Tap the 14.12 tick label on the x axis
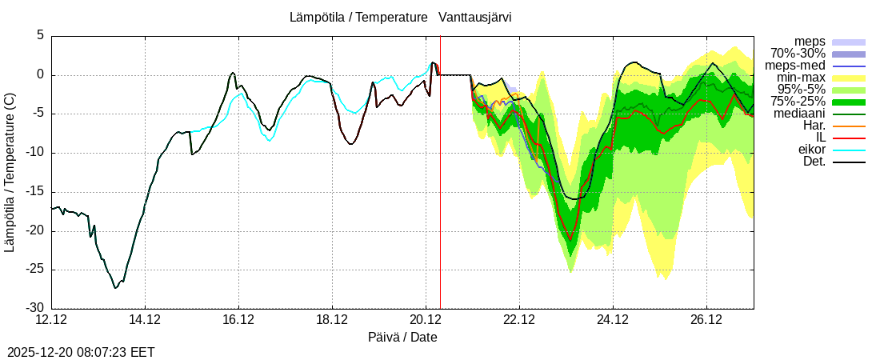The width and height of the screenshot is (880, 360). (x=145, y=320)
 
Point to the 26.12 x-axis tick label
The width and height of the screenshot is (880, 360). (x=706, y=320)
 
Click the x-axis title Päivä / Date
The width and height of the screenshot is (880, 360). (x=402, y=337)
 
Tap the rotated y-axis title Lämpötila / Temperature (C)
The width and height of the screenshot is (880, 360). (x=10, y=172)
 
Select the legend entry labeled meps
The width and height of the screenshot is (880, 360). (x=810, y=42)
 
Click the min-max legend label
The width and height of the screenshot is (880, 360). (x=801, y=78)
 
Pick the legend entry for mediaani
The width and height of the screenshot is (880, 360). (x=799, y=114)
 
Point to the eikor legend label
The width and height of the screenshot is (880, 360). (x=811, y=150)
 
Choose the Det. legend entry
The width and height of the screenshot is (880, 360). (x=814, y=162)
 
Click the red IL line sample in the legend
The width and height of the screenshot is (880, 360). (x=849, y=138)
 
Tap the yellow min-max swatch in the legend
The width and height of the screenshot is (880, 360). (x=849, y=78)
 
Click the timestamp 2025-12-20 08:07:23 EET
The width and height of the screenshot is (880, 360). (x=81, y=352)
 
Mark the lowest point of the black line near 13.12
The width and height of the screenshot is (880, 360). (x=115, y=288)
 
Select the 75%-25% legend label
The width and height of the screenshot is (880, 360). (x=798, y=102)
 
